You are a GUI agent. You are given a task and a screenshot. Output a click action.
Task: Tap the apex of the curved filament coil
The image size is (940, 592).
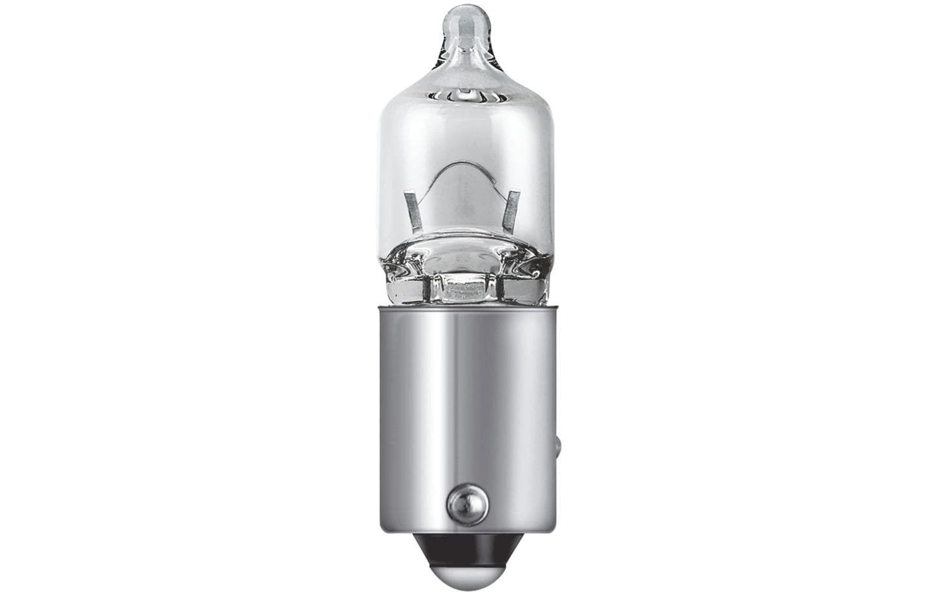pos(464,167)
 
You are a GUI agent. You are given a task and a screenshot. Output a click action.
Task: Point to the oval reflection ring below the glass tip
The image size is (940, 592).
pos(464,96)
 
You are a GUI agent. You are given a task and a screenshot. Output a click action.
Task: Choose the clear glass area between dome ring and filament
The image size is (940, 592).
pos(464,131)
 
